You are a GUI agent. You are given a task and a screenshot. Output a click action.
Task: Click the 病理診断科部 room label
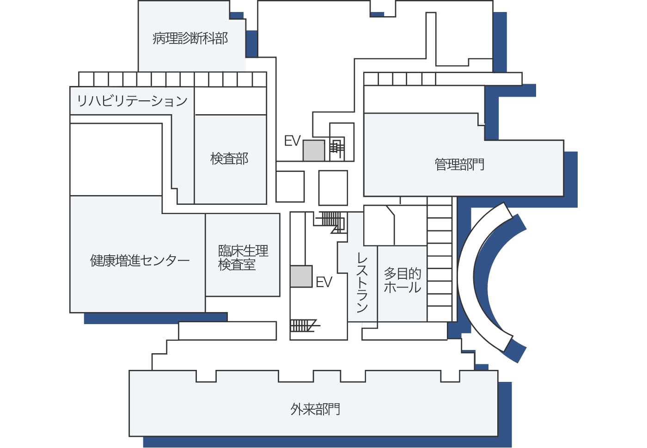[190, 38]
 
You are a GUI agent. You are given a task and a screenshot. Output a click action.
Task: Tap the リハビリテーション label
[132, 101]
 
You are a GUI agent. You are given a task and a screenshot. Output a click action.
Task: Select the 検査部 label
[229, 159]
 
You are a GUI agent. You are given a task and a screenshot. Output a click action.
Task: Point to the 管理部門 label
[459, 164]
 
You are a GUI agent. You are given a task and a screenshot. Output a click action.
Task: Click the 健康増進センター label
[140, 261]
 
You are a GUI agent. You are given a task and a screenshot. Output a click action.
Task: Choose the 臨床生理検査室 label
[243, 258]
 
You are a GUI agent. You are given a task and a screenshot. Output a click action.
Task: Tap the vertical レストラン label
[362, 282]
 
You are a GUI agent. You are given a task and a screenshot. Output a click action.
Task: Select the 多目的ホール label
[403, 280]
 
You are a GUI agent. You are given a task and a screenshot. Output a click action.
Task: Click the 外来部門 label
[315, 409]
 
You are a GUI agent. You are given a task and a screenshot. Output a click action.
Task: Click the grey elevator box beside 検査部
[314, 151]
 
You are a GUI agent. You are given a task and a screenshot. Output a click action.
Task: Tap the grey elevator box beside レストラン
[301, 276]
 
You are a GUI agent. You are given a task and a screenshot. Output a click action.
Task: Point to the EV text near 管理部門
[292, 141]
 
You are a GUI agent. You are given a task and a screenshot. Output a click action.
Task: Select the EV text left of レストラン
[324, 282]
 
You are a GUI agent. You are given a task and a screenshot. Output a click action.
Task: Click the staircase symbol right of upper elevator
[337, 148]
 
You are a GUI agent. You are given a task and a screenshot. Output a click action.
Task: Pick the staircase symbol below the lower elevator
[304, 325]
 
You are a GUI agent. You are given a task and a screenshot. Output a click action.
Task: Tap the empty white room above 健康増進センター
[116, 160]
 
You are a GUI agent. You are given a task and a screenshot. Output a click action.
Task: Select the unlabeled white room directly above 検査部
[231, 101]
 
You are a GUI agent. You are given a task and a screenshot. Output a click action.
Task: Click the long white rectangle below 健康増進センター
[227, 331]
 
